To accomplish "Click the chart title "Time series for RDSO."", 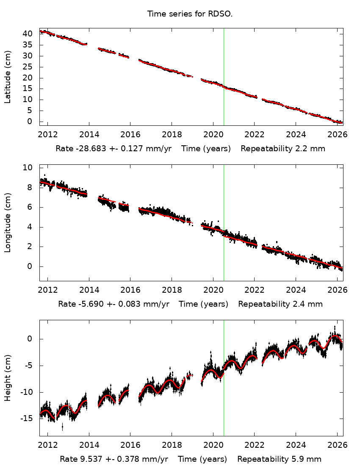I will (x=190, y=14).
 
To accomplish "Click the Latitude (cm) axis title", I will (x=8, y=77).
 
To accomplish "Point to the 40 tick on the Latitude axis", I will (x=28, y=33).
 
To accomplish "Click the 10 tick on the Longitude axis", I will (x=28, y=168).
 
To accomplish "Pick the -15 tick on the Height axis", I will (x=26, y=419).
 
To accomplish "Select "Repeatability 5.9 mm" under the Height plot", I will (x=279, y=459).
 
